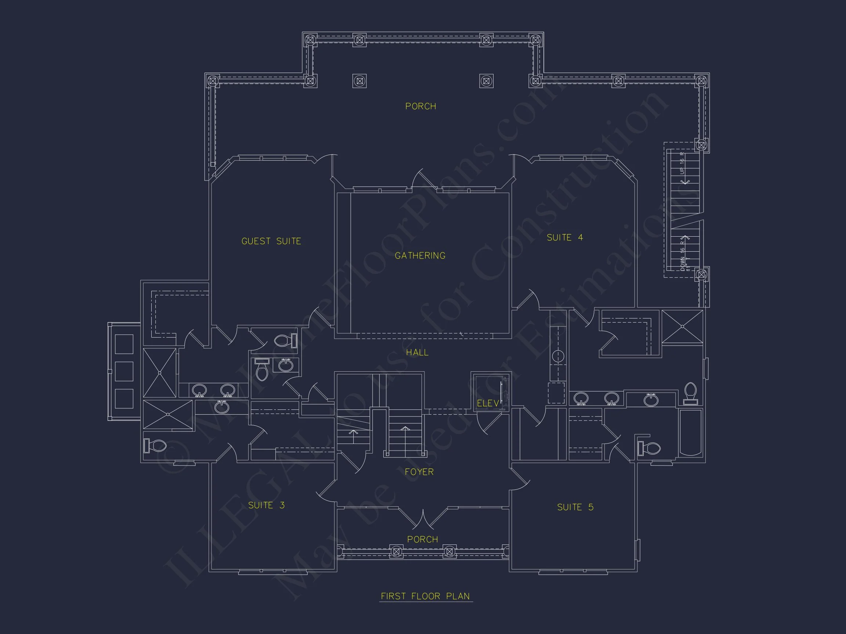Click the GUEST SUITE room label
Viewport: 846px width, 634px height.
[271, 241]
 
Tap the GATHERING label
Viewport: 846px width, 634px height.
[420, 256]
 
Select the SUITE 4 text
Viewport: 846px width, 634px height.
[564, 238]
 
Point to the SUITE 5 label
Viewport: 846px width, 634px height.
[575, 507]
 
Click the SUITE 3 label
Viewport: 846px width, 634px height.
[266, 505]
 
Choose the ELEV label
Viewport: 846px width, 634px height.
[488, 403]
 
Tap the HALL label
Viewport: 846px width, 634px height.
[417, 352]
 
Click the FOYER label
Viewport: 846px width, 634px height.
[419, 472]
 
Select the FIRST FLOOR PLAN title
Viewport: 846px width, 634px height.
[425, 596]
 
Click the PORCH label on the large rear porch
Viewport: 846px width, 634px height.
[421, 106]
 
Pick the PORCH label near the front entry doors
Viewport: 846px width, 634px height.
[423, 539]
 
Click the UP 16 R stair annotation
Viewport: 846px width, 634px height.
[682, 163]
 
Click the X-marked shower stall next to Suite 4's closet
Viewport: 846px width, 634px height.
[682, 327]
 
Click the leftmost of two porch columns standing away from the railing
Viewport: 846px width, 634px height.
[359, 81]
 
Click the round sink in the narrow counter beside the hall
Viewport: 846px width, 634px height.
[558, 356]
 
